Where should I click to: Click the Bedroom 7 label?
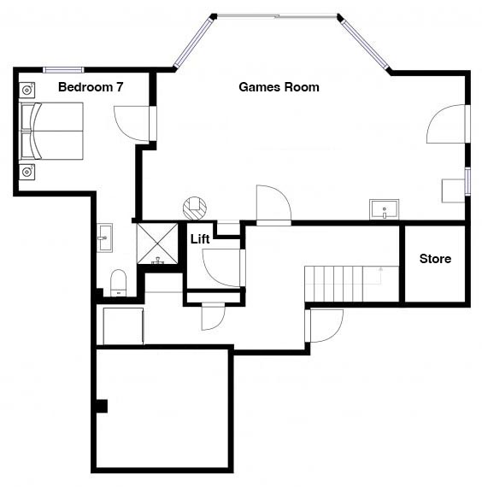click(91, 87)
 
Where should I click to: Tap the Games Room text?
click(279, 87)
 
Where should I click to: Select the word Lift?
click(200, 239)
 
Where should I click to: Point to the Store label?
click(435, 258)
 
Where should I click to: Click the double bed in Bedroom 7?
click(51, 131)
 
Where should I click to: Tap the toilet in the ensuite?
click(119, 283)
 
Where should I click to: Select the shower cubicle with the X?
click(157, 243)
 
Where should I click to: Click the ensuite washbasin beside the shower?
click(104, 238)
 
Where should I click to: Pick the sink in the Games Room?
click(384, 209)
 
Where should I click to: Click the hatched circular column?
click(195, 208)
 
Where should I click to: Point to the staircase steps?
click(351, 284)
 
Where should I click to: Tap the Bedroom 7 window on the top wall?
click(63, 70)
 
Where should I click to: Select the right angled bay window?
click(363, 42)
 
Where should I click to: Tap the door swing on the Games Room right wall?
click(448, 124)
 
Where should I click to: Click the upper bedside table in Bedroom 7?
click(27, 90)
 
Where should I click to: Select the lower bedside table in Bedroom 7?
click(27, 172)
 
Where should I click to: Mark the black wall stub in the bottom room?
click(102, 406)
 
